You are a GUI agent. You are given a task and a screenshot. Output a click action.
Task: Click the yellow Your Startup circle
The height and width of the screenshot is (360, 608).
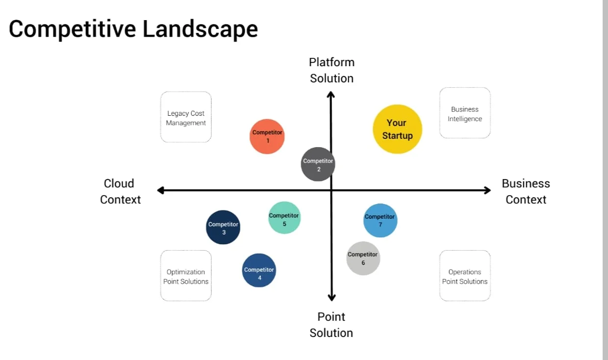click(397, 129)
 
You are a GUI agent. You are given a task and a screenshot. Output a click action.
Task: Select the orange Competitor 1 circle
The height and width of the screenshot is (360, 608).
click(267, 136)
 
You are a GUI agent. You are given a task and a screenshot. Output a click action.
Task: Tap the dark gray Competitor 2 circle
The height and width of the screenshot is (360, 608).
click(318, 164)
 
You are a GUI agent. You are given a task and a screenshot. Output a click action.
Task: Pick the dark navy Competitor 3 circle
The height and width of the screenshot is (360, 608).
click(223, 227)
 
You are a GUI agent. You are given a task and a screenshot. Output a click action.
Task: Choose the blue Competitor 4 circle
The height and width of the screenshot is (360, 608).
click(259, 270)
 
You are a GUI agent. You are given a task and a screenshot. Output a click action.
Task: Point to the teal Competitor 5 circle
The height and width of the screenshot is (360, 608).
click(284, 218)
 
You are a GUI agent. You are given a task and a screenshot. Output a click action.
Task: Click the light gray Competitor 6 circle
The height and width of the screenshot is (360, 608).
click(363, 258)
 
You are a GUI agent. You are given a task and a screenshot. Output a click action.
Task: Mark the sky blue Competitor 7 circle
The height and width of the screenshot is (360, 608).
click(380, 220)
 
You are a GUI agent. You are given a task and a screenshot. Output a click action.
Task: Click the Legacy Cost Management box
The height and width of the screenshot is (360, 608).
click(186, 117)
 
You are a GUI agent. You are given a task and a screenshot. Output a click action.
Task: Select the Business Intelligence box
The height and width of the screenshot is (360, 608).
click(465, 113)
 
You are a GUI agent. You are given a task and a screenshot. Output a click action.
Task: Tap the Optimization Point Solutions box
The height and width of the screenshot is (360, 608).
click(186, 276)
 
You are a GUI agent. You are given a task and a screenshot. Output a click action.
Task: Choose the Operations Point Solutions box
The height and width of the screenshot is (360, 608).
click(465, 276)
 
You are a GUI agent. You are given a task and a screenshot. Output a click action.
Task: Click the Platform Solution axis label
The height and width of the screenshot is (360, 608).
click(331, 70)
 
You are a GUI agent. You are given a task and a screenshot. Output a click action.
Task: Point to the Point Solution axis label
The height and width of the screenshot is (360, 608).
click(331, 324)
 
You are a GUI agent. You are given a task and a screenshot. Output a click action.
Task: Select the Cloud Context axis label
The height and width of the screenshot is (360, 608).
click(120, 191)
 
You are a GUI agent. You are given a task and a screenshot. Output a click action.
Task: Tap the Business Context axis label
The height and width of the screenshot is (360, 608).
click(526, 191)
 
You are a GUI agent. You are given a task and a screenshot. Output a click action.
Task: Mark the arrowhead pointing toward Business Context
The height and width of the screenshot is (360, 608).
click(487, 190)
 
